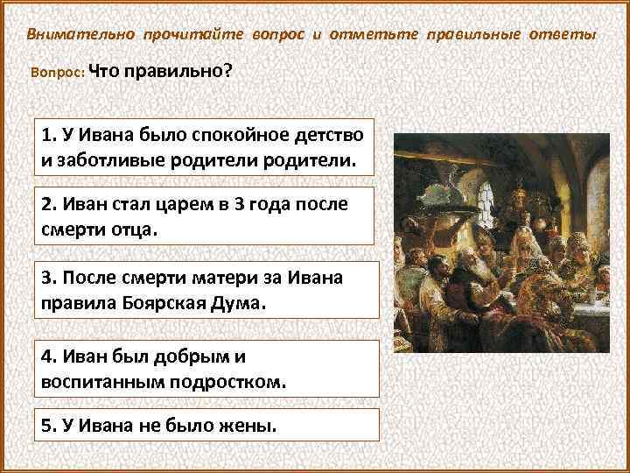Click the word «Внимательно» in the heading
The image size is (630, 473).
point(80,34)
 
